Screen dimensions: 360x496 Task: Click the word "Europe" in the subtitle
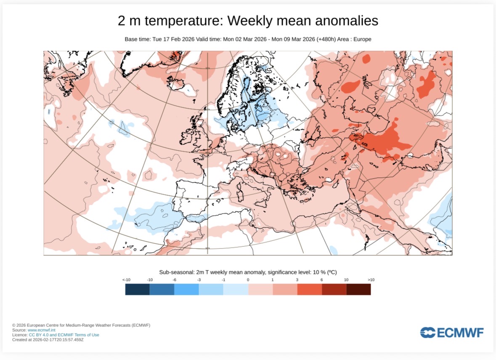coord(361,39)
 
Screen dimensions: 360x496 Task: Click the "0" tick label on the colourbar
coord(248,280)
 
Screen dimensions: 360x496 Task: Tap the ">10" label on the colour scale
coord(371,280)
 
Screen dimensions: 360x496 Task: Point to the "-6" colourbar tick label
coord(174,280)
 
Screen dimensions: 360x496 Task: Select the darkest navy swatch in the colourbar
coord(138,289)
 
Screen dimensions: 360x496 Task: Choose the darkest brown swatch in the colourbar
coord(358,289)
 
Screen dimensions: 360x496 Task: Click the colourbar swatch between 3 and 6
coord(309,289)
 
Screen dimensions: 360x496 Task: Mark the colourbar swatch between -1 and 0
coord(236,289)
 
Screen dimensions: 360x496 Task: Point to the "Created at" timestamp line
coord(48,339)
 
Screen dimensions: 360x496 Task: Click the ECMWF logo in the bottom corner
coord(451,333)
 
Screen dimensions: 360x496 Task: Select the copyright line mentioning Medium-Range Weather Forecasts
coord(81,325)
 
